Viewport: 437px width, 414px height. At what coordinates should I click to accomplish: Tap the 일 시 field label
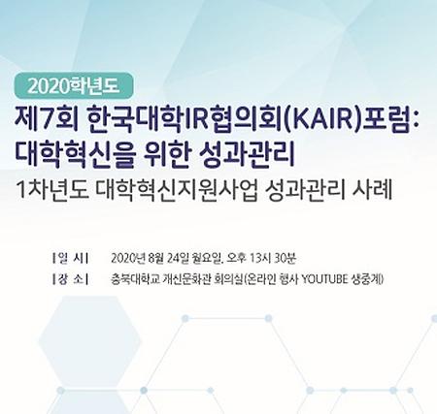71,260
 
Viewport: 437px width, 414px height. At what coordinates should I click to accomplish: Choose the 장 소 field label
71,282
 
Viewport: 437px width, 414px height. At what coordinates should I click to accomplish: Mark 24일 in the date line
178,260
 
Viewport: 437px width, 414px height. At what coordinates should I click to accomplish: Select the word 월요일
207,260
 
